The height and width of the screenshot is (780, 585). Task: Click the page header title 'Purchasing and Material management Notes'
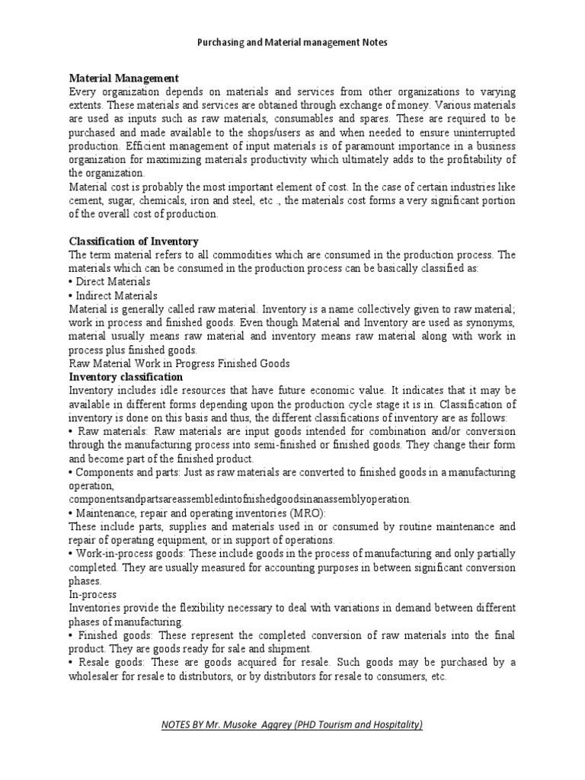[x=292, y=43]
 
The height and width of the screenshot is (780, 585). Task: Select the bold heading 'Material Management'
[x=123, y=78]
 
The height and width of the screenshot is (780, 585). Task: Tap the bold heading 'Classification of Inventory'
[x=133, y=241]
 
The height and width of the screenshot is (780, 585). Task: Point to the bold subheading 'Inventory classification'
[x=126, y=376]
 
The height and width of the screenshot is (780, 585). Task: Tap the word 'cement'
[x=86, y=200]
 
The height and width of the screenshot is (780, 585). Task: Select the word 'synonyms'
[x=491, y=322]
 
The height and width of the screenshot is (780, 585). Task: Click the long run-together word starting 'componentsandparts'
[x=240, y=499]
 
